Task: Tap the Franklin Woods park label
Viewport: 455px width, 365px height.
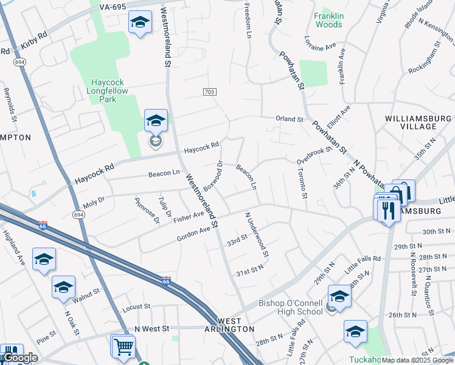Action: pos(328,20)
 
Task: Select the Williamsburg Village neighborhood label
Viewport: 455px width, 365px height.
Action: pos(419,122)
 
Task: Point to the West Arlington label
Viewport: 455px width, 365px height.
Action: pos(227,324)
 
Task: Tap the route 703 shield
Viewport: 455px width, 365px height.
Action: pos(210,91)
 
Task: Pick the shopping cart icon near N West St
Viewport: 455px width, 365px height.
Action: pos(123,346)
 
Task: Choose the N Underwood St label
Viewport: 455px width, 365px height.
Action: pos(257,234)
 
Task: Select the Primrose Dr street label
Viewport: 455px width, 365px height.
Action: pos(147,210)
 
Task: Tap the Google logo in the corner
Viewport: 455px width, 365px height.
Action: pos(19,358)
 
